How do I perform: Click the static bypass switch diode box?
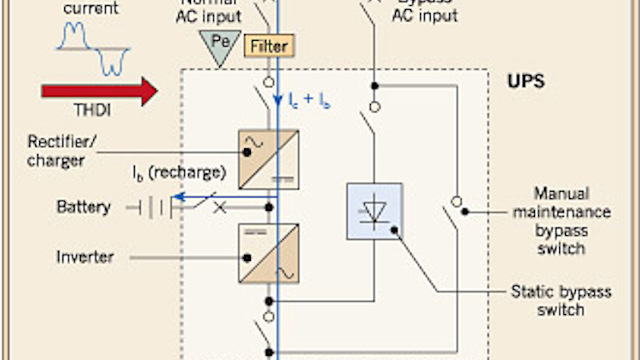(374, 212)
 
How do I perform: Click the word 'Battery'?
(83, 206)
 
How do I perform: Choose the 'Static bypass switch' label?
(561, 301)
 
